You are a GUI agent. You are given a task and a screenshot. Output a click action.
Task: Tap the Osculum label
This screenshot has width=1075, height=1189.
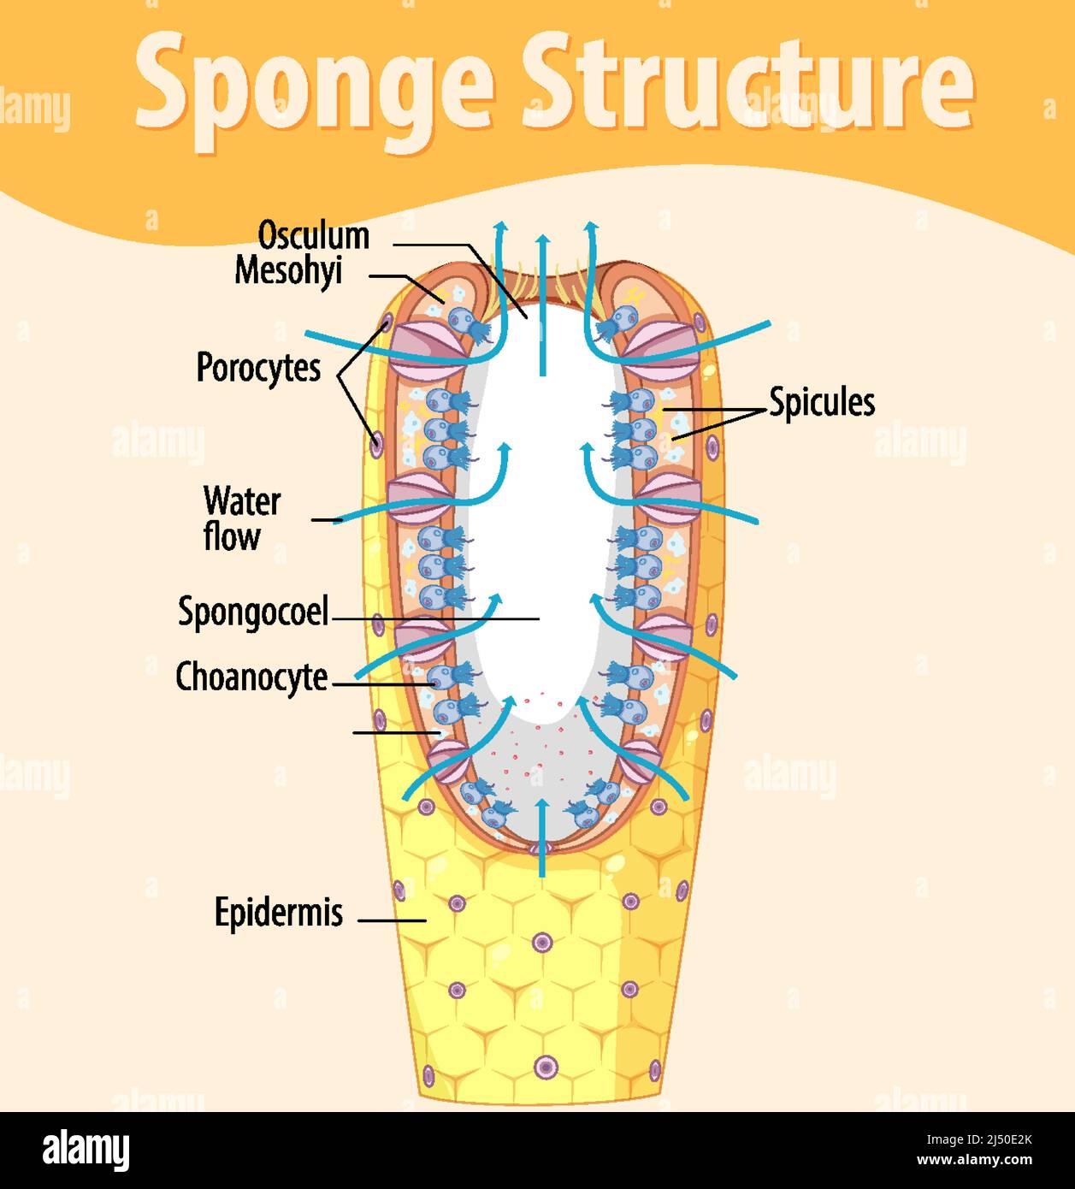[x=314, y=235]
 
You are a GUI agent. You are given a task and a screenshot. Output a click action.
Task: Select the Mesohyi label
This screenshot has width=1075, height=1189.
[x=288, y=270]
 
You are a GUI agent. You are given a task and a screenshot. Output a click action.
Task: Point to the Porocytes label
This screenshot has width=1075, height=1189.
[x=258, y=368]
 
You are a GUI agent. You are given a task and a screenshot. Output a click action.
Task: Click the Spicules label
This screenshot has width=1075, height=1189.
[x=822, y=402]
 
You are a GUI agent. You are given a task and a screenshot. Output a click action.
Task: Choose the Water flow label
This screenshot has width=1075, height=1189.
[x=241, y=519]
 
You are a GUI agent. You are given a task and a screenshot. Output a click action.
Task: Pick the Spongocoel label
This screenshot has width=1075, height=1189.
[x=253, y=612]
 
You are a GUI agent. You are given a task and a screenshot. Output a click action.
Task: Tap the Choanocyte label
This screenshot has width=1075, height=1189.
[x=251, y=677]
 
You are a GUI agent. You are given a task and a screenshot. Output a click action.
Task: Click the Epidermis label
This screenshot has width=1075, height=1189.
[x=279, y=913]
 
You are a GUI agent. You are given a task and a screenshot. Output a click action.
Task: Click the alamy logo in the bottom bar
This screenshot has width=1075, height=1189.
[x=86, y=1151]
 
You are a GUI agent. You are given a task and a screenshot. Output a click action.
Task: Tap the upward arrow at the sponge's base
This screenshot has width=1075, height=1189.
[x=541, y=838]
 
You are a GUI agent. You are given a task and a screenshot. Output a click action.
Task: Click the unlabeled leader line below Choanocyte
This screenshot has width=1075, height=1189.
[x=396, y=732]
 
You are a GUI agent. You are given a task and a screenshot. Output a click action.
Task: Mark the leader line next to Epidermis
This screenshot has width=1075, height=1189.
[x=392, y=920]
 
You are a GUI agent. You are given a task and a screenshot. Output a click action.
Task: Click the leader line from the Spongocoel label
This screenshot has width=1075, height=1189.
[x=435, y=618]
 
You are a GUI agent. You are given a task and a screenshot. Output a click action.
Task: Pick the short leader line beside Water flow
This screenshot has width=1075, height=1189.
[x=326, y=519]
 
